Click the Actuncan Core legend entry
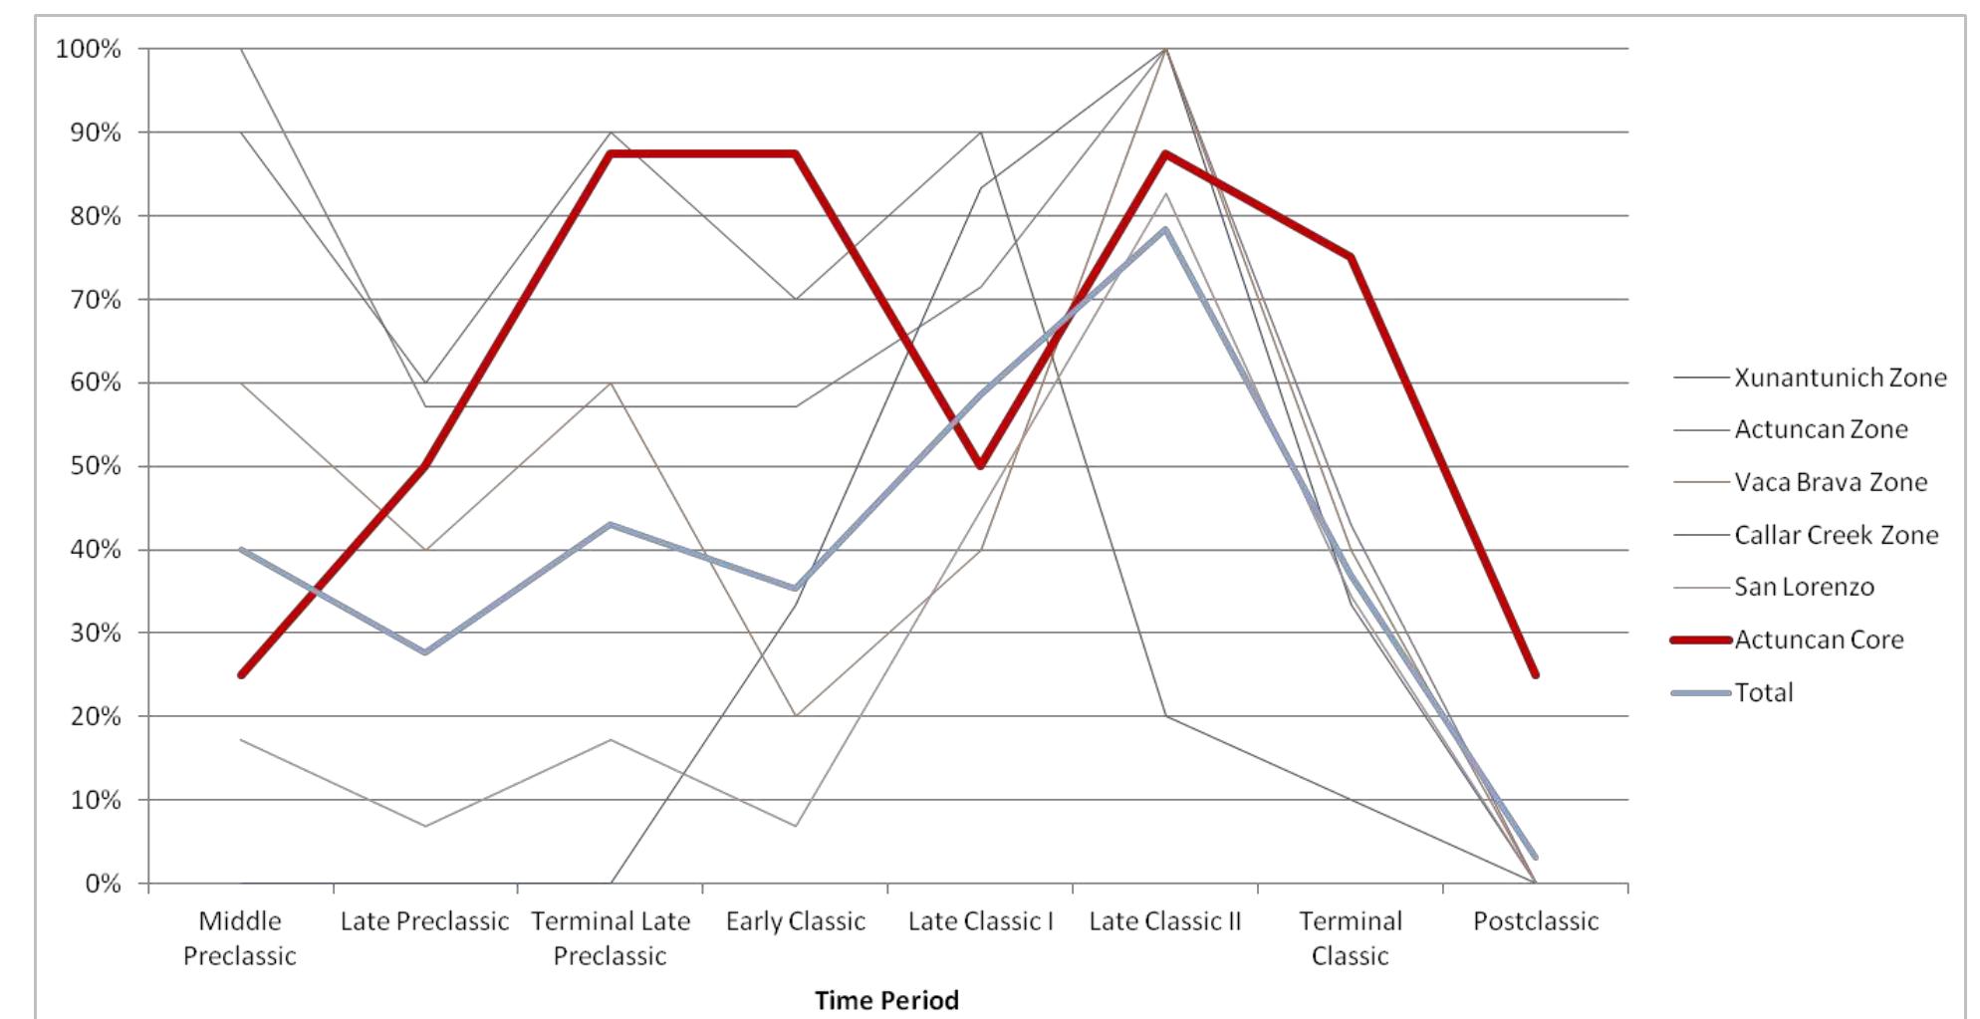1818,639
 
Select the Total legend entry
1763,692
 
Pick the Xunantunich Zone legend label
1840,378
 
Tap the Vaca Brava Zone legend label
1831,482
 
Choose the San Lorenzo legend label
1804,587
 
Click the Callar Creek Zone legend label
1836,535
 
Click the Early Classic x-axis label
795,921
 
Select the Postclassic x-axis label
1535,921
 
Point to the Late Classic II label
1164,921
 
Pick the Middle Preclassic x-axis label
240,938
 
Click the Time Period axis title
886,1000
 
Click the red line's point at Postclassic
1535,674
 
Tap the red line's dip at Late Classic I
981,466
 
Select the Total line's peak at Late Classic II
1164,229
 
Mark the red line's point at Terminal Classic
1351,257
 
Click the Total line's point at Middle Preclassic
241,550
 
